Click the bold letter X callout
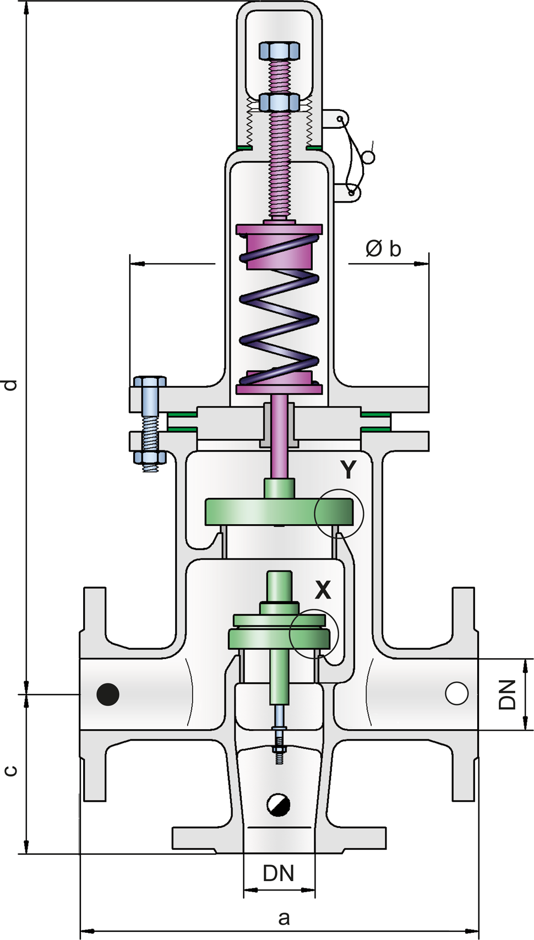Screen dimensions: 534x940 point(323,590)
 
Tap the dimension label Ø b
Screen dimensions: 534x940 point(383,249)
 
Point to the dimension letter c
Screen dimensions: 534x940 point(10,770)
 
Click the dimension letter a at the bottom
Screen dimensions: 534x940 point(284,917)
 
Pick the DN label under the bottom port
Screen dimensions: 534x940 point(279,874)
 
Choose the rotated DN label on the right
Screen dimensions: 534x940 point(506,695)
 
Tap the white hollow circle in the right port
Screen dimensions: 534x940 point(456,693)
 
